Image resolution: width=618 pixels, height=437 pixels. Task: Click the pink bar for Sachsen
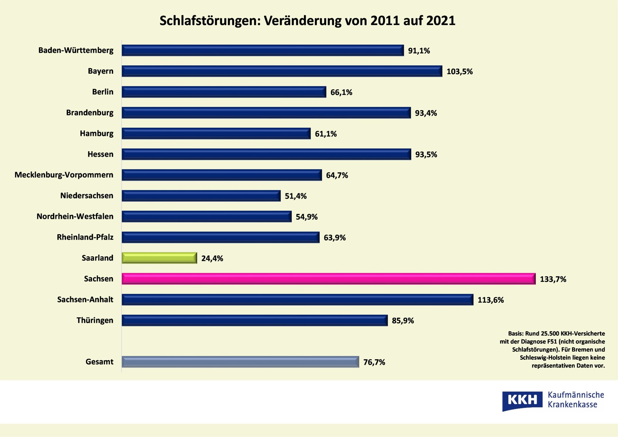click(x=328, y=279)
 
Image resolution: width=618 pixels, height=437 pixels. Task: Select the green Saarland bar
click(x=159, y=258)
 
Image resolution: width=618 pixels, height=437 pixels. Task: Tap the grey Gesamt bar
click(x=240, y=362)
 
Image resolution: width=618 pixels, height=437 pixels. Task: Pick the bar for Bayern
click(x=282, y=71)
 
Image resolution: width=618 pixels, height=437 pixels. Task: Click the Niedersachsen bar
click(x=201, y=196)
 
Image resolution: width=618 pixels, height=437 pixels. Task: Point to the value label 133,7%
click(x=553, y=279)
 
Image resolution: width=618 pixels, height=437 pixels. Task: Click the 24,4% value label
click(x=212, y=258)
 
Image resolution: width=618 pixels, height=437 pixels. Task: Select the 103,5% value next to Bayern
click(x=459, y=72)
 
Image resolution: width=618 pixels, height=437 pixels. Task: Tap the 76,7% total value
click(x=374, y=362)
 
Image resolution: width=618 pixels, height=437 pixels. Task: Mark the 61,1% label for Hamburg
click(x=325, y=134)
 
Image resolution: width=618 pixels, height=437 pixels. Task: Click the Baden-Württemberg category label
click(x=76, y=51)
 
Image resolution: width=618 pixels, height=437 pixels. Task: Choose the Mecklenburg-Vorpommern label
click(x=64, y=175)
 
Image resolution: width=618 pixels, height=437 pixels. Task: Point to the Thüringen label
click(x=95, y=320)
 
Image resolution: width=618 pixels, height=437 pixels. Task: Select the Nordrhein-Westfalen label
click(x=75, y=217)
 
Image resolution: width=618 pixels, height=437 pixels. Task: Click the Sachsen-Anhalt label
click(x=85, y=300)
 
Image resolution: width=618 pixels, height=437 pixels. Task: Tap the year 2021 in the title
click(x=441, y=21)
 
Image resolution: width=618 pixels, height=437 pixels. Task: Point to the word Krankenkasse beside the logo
click(x=572, y=405)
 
